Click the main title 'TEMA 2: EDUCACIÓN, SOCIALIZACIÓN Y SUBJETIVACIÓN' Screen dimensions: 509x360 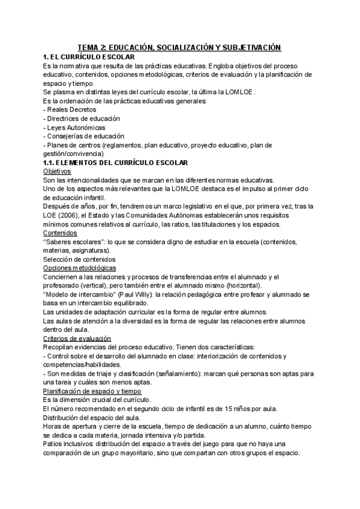tap(180, 47)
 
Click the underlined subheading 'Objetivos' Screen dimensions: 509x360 tap(58, 172)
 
